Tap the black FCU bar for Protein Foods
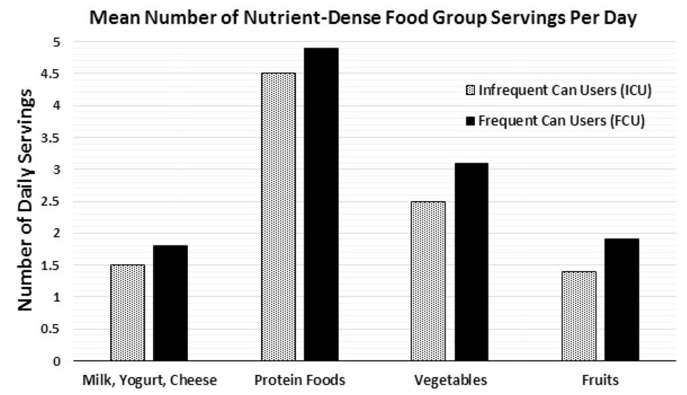coord(321,205)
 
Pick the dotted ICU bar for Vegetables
coord(427,281)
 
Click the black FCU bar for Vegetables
coord(470,262)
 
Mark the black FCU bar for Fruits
coord(621,300)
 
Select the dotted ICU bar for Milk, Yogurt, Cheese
coord(127,313)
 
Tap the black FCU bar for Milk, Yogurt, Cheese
coord(170,303)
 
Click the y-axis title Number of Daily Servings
coord(25,201)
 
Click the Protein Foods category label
coord(299,381)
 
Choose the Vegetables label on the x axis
coord(450,381)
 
